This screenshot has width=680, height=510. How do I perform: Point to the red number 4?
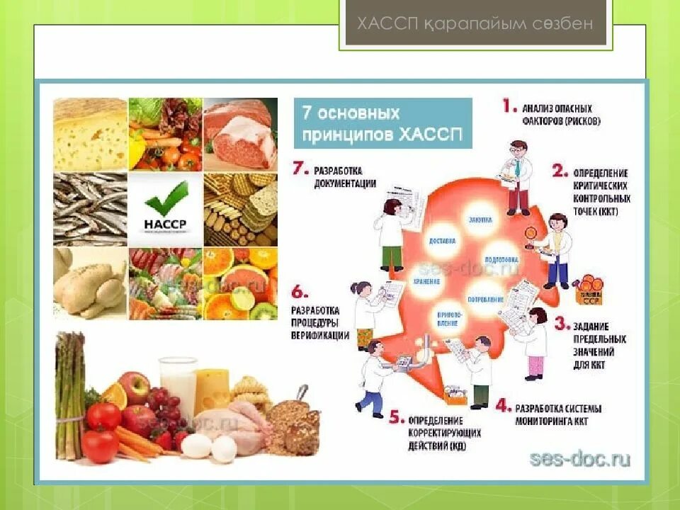pos(503,407)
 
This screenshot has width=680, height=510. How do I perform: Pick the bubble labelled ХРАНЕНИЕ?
pos(428,281)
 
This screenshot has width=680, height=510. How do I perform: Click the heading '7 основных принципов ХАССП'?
pos(382,123)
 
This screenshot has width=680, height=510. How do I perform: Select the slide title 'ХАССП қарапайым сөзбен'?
pos(474,24)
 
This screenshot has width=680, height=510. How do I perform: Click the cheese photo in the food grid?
pos(90,134)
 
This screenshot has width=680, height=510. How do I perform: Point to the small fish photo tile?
pos(90,208)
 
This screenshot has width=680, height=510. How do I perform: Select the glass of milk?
pos(178,386)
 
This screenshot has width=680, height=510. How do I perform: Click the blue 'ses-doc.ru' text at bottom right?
pos(580,459)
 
